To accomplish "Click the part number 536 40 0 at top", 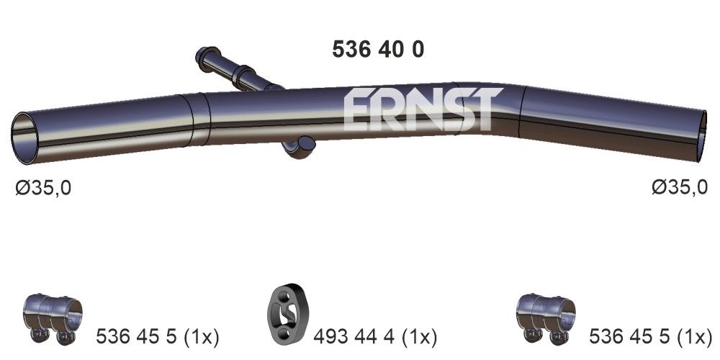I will (x=377, y=48).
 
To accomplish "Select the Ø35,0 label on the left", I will (x=43, y=188).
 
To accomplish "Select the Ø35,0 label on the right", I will (x=679, y=188).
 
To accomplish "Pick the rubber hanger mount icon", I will (x=287, y=317).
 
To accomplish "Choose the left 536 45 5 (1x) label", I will (x=157, y=336).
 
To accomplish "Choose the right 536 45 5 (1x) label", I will (x=649, y=336).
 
